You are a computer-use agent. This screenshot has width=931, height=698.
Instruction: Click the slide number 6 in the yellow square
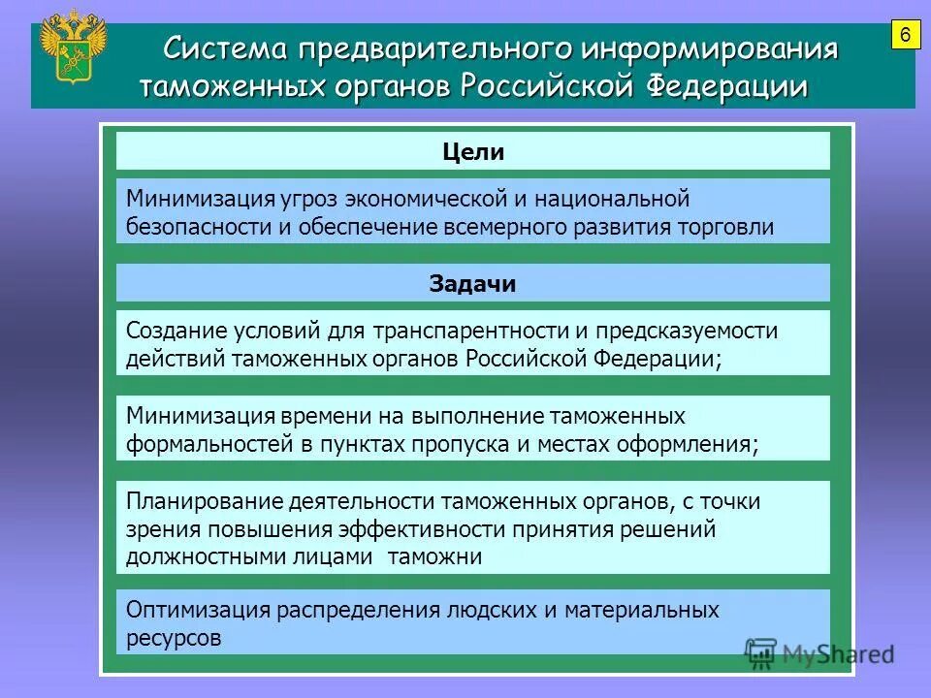(x=904, y=36)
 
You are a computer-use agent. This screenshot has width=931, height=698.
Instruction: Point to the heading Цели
(x=473, y=152)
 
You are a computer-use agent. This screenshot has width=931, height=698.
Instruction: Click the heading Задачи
(x=473, y=284)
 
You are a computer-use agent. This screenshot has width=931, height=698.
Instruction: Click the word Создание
(x=175, y=332)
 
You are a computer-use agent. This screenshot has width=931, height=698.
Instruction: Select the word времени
(x=316, y=417)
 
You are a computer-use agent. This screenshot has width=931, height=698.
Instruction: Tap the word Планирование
(x=204, y=502)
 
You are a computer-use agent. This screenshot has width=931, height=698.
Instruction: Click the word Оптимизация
(x=198, y=611)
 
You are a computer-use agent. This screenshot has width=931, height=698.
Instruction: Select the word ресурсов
(x=175, y=639)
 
